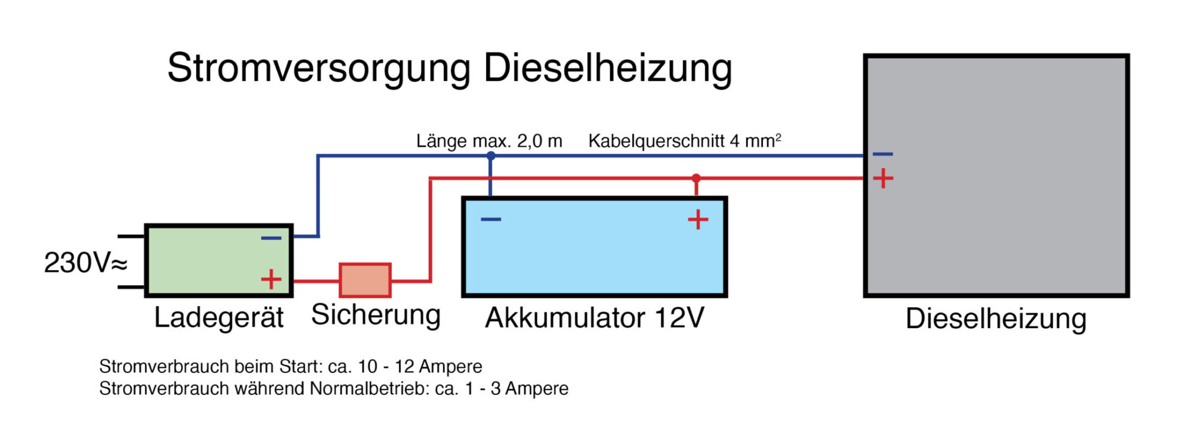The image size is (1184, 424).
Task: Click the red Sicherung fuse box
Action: tap(365, 280)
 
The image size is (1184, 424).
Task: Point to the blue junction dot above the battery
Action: tap(490, 156)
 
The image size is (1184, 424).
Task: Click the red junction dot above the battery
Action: tap(696, 178)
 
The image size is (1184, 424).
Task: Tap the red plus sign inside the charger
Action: tap(271, 279)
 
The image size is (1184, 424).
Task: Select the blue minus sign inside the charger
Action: tap(271, 238)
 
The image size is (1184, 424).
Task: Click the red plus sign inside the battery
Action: tap(698, 220)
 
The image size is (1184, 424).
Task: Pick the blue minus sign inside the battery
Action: tap(491, 220)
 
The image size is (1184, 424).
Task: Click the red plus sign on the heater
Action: tap(883, 178)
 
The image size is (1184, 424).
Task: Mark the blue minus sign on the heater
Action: tap(883, 155)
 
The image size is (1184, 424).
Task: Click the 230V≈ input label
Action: tap(85, 263)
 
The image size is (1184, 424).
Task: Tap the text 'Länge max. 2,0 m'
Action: tap(489, 141)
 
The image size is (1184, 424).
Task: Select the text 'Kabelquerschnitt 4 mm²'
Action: tap(684, 141)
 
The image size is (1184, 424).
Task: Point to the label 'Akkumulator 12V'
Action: tap(594, 318)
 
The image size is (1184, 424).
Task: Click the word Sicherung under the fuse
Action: tap(376, 315)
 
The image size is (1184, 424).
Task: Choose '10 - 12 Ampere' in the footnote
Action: tap(420, 367)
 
